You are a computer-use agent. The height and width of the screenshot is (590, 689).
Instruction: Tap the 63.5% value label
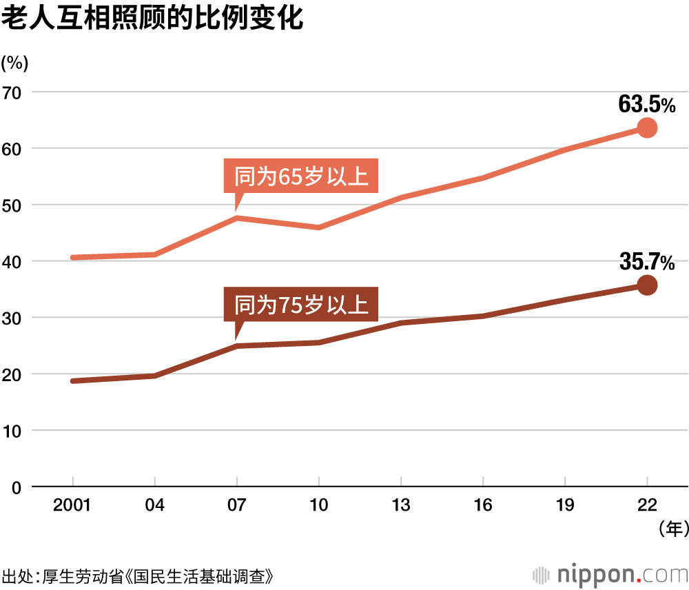646,105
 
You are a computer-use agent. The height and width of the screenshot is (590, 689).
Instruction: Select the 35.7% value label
646,262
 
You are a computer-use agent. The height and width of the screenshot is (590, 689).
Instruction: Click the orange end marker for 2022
647,128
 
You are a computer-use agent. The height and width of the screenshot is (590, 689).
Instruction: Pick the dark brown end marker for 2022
647,285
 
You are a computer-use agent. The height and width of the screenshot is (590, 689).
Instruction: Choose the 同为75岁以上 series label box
302,304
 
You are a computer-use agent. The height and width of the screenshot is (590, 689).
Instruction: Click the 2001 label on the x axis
72,506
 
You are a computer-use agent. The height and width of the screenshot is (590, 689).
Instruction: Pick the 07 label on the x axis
237,506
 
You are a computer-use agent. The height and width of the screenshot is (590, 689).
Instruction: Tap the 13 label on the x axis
401,506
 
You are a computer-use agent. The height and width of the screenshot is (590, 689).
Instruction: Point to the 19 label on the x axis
565,506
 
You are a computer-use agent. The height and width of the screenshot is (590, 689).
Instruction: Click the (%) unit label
14,63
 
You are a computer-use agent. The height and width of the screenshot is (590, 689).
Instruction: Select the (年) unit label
673,529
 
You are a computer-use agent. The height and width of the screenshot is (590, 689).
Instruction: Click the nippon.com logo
611,574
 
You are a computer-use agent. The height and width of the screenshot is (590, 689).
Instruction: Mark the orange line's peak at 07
237,218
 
